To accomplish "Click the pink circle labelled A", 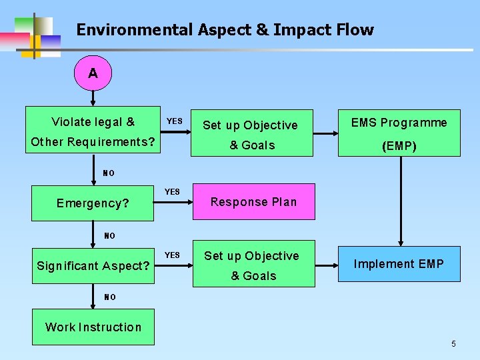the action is click(93, 73).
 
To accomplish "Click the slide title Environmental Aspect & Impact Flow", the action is click(225, 30).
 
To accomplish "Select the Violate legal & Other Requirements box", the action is click(93, 131).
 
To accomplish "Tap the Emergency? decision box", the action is click(93, 203).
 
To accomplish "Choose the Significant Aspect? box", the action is click(93, 266).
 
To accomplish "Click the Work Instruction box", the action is click(93, 327).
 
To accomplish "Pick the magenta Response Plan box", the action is click(253, 202).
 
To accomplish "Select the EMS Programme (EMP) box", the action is click(399, 133).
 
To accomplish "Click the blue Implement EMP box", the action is click(399, 264).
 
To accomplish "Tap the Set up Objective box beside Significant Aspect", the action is click(253, 264).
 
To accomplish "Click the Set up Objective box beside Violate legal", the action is click(252, 133).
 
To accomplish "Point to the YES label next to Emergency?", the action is click(172, 192).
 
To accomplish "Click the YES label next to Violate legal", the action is click(174, 121).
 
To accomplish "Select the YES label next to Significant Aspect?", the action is click(172, 255).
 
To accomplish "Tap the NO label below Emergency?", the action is click(109, 236).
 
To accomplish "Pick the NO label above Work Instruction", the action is click(109, 297).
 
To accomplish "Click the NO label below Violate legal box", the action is click(109, 173).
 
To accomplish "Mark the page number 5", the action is click(453, 344).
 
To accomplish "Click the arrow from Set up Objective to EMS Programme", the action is click(325, 133).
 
